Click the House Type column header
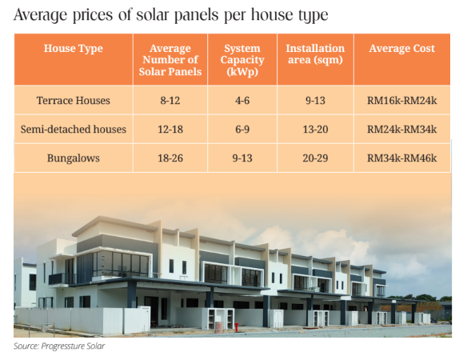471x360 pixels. (x=73, y=49)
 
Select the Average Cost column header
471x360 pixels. (x=401, y=49)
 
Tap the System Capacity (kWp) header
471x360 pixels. (x=242, y=60)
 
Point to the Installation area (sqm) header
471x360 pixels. (x=315, y=54)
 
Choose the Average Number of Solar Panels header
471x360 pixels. (x=170, y=60)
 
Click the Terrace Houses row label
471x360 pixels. (x=73, y=101)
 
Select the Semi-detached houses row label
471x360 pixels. (x=73, y=129)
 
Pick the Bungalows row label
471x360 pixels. (x=73, y=158)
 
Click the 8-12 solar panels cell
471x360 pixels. (x=170, y=101)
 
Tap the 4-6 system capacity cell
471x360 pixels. (x=242, y=101)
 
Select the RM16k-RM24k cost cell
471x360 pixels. (x=401, y=101)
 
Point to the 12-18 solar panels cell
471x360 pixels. (x=170, y=129)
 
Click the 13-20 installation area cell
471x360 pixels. (x=315, y=129)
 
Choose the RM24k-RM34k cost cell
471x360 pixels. (x=401, y=129)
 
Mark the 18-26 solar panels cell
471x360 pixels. (x=170, y=158)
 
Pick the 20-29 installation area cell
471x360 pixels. (x=315, y=158)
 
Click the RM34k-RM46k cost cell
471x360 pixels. (x=401, y=158)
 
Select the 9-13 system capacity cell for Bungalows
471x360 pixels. (x=242, y=158)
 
